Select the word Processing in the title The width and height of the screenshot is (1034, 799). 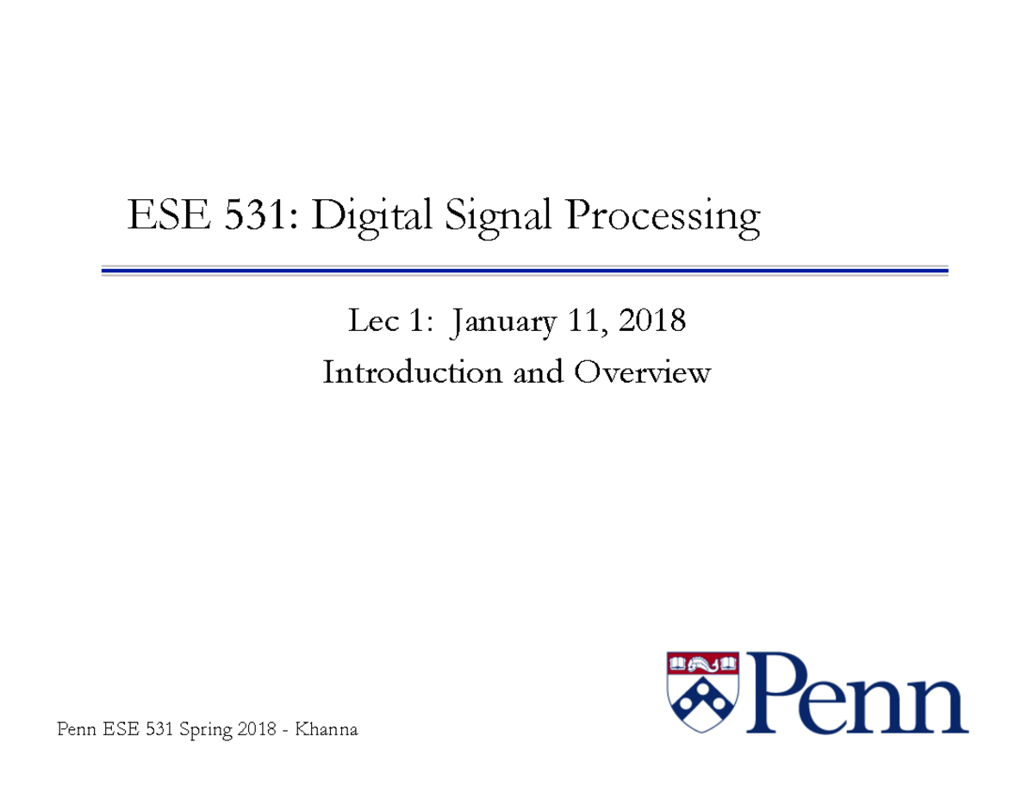point(663,215)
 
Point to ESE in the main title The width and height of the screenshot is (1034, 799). point(168,215)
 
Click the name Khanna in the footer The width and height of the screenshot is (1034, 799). point(325,731)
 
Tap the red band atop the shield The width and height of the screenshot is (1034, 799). point(703,663)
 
